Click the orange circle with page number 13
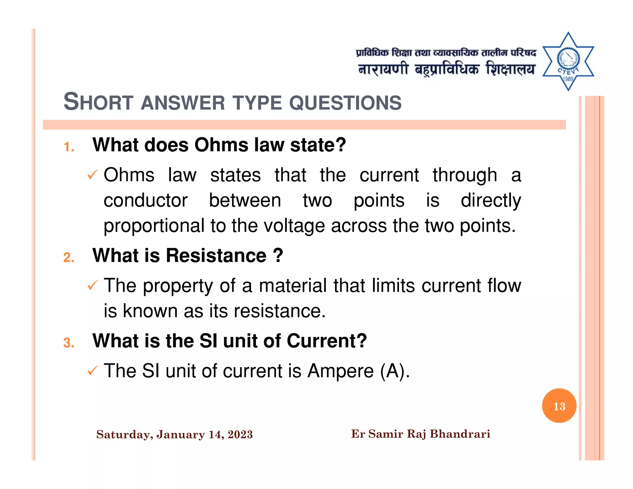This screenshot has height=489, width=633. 559,406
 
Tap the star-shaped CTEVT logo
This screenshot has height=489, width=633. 568,61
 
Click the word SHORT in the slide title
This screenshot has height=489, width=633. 98,102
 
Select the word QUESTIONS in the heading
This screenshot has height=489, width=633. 345,103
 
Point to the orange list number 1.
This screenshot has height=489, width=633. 69,147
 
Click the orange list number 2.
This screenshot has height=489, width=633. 69,257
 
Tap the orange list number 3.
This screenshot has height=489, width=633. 69,343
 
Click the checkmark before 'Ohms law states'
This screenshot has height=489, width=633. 92,175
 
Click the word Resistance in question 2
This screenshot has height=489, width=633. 216,256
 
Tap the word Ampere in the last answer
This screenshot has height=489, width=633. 340,371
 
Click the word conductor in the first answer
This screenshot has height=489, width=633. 145,200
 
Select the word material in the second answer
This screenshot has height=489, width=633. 293,285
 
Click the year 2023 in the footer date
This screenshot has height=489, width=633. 240,435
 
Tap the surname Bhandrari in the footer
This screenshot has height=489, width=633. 460,434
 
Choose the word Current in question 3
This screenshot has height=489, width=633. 326,341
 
